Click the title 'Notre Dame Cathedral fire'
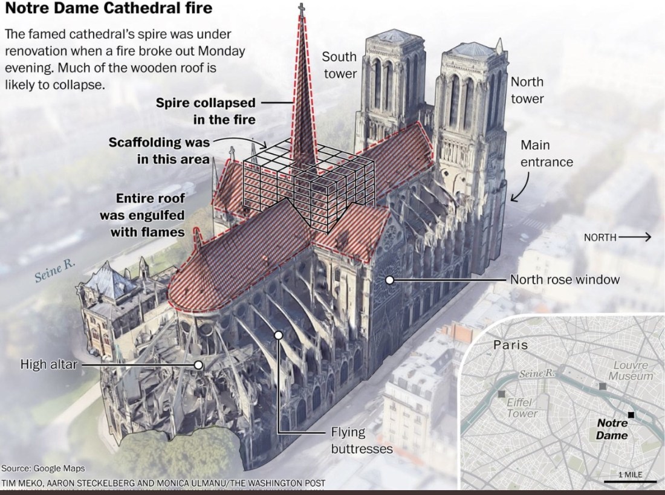(x=109, y=9)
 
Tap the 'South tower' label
(x=339, y=65)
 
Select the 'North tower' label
(x=527, y=89)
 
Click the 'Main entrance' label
(x=547, y=154)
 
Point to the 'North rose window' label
(x=565, y=279)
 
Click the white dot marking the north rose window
(x=390, y=280)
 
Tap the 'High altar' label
(x=48, y=364)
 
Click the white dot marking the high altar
(x=198, y=364)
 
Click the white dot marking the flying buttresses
(x=279, y=334)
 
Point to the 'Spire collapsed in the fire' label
(x=206, y=111)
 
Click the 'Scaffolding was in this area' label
(x=159, y=150)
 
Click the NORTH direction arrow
(x=635, y=238)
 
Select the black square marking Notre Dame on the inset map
(x=631, y=415)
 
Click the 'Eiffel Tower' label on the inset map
(x=522, y=407)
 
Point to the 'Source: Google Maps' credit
(x=42, y=468)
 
